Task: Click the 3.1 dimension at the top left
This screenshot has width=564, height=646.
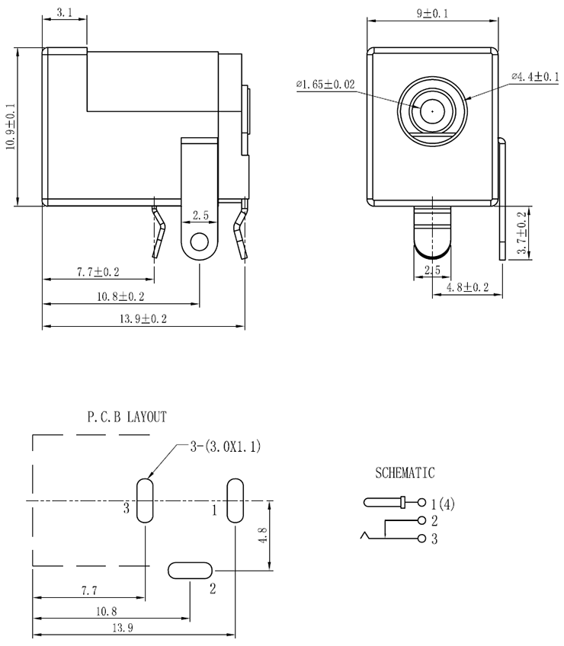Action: (x=64, y=13)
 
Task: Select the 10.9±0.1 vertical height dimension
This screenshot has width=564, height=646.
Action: (x=11, y=126)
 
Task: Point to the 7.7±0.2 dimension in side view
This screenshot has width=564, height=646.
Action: (x=98, y=271)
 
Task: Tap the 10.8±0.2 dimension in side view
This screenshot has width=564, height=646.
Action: (x=120, y=296)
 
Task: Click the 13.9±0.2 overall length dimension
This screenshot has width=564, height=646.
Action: (x=143, y=319)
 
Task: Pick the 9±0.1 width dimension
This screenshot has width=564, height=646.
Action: (x=431, y=13)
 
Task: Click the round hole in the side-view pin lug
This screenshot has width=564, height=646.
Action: (x=200, y=242)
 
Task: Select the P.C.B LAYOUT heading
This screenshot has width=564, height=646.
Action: (x=127, y=417)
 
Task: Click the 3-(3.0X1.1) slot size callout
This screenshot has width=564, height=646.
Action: (x=226, y=447)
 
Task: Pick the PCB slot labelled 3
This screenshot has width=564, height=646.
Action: (x=145, y=500)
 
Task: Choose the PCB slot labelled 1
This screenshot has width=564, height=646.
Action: (x=235, y=500)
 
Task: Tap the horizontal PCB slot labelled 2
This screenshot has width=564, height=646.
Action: (x=190, y=570)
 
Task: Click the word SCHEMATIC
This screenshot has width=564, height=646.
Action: (x=405, y=473)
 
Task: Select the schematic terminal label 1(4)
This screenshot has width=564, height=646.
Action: (x=443, y=504)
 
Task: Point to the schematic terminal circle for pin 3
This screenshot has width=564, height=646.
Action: (x=421, y=539)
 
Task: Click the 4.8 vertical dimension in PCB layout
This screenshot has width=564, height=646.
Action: (x=264, y=536)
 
